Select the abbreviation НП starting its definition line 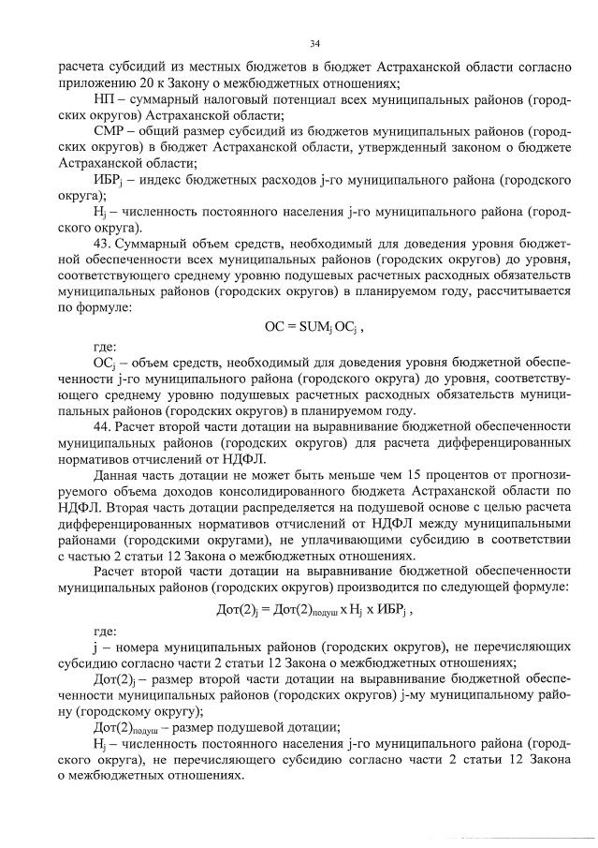click(106, 98)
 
